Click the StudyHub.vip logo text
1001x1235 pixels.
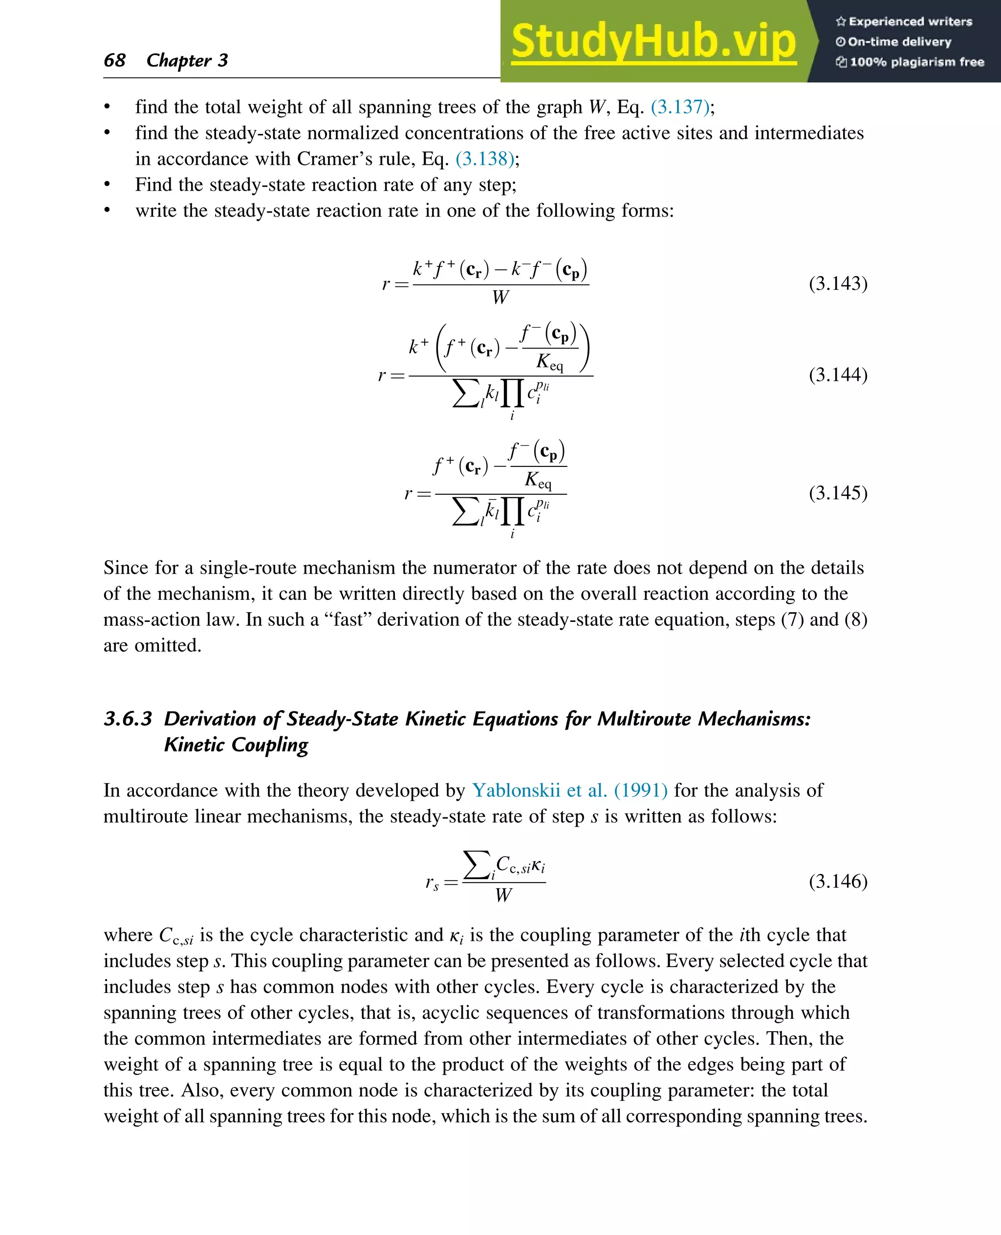653,42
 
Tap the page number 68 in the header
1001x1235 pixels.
115,60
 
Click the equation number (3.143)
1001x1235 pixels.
838,283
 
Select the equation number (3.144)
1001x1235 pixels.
838,375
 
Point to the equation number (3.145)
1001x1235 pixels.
838,493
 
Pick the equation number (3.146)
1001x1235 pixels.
838,882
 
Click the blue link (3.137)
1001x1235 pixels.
680,107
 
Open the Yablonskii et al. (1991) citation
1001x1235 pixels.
570,790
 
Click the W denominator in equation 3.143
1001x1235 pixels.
500,298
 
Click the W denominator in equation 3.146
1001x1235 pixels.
503,895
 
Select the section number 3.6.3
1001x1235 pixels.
128,719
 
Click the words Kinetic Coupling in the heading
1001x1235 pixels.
236,745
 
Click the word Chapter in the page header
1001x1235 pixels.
179,61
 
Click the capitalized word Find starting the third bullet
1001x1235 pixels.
154,185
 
